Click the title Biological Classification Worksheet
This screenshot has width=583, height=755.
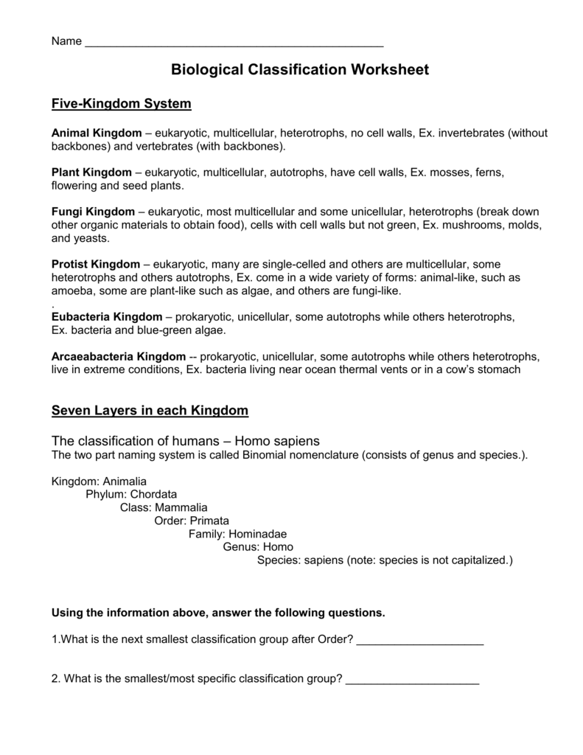pyautogui.click(x=299, y=70)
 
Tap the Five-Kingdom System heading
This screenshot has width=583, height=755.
pyautogui.click(x=121, y=104)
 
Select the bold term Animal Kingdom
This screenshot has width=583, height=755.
pyautogui.click(x=96, y=133)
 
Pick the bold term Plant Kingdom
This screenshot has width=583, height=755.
pyautogui.click(x=91, y=173)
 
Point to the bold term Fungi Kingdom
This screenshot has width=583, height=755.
pyautogui.click(x=93, y=212)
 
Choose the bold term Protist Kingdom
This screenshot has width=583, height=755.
pyautogui.click(x=95, y=264)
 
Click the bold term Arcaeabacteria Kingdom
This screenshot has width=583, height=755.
pyautogui.click(x=119, y=356)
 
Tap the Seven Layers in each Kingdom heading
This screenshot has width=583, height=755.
pyautogui.click(x=150, y=410)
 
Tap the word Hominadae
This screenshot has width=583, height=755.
pyautogui.click(x=258, y=534)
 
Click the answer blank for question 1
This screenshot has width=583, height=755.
pyautogui.click(x=419, y=640)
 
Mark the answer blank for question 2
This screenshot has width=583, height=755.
pyautogui.click(x=412, y=679)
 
